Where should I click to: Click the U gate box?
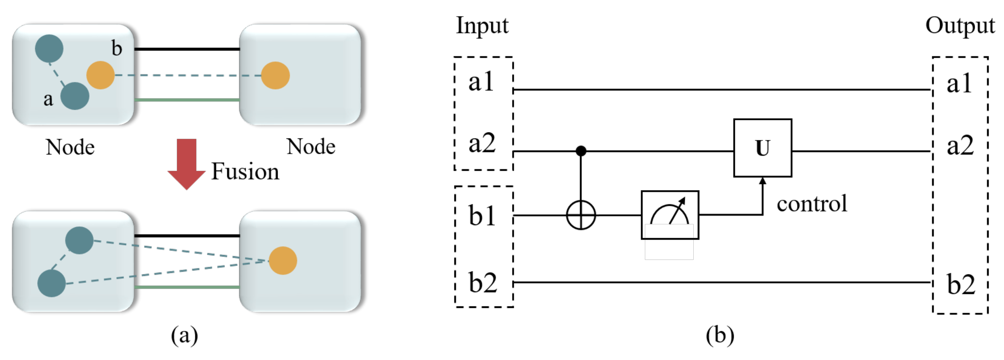pyautogui.click(x=762, y=148)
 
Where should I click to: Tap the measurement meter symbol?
pyautogui.click(x=670, y=215)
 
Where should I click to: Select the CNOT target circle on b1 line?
pyautogui.click(x=581, y=215)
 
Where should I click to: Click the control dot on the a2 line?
pyautogui.click(x=581, y=151)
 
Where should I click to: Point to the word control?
pyautogui.click(x=812, y=203)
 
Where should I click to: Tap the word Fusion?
pyautogui.click(x=245, y=172)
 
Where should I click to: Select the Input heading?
pyautogui.click(x=482, y=26)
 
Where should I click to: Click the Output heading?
pyautogui.click(x=960, y=26)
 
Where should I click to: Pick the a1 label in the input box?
pyautogui.click(x=481, y=82)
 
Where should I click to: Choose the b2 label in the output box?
pyautogui.click(x=961, y=284)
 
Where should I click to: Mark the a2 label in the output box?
pyautogui.click(x=960, y=145)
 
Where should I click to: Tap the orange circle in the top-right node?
pyautogui.click(x=275, y=75)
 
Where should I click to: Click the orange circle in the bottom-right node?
pyautogui.click(x=283, y=261)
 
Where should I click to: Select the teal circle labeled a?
pyautogui.click(x=75, y=96)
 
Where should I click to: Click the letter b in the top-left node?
pyautogui.click(x=117, y=48)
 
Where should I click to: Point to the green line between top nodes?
pyautogui.click(x=187, y=100)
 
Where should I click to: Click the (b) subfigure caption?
pyautogui.click(x=720, y=335)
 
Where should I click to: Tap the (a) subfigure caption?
pyautogui.click(x=184, y=335)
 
